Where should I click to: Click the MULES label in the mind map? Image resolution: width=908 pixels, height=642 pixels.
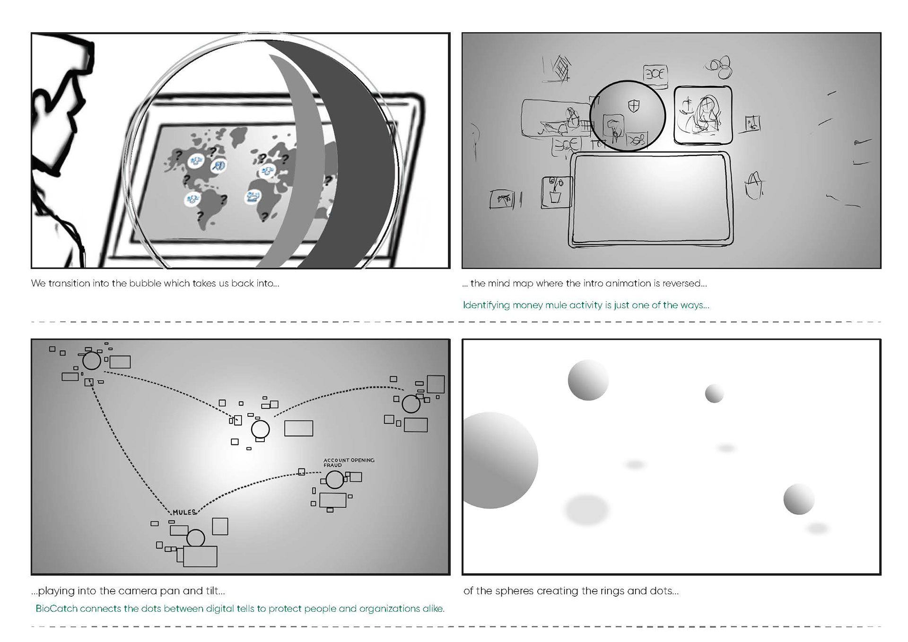(x=184, y=512)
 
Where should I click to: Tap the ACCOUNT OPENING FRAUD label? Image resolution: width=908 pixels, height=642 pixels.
(x=349, y=462)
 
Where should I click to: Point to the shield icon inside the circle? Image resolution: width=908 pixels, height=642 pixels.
(x=633, y=106)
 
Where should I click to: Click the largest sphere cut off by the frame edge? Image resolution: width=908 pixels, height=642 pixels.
(x=500, y=460)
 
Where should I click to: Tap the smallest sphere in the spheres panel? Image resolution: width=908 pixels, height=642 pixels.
(x=714, y=393)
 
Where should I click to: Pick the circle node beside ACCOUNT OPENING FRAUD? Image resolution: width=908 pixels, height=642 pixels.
(x=334, y=480)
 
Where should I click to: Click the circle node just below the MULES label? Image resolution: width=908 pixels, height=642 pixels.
(x=196, y=538)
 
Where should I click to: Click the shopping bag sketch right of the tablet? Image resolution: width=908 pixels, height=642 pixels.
(x=755, y=185)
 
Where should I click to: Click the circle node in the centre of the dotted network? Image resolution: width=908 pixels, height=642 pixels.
(x=260, y=429)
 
